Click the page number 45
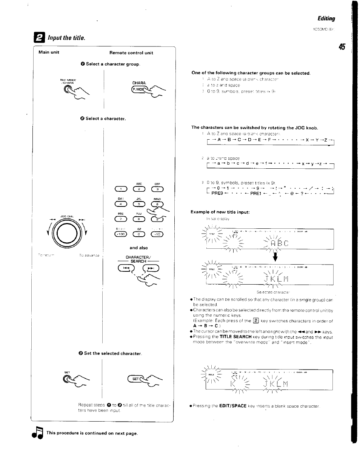tap(342, 47)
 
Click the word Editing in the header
tap(326, 18)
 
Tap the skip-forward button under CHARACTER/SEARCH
tap(151, 268)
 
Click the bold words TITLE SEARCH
tap(236, 337)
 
